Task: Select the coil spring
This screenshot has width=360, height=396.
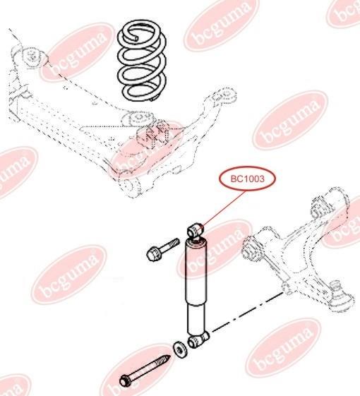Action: point(142,60)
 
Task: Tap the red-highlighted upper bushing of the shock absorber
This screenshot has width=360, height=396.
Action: point(196,230)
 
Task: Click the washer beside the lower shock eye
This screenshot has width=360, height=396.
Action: point(180,350)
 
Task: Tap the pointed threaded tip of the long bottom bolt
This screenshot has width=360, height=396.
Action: point(167,358)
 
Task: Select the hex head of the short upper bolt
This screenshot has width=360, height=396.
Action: point(152,253)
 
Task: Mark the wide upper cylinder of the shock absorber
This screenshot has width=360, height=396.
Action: point(196,272)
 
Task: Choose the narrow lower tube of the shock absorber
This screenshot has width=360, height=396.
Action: point(196,319)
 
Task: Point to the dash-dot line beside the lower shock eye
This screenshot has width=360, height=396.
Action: point(247,311)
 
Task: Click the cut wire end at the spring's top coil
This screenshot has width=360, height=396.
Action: point(136,38)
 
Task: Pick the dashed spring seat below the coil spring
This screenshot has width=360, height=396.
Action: point(138,118)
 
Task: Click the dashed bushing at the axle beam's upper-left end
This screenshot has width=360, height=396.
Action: point(31,57)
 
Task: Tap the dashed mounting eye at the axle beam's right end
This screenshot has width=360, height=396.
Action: point(224,95)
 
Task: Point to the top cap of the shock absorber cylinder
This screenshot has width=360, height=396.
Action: point(196,242)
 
